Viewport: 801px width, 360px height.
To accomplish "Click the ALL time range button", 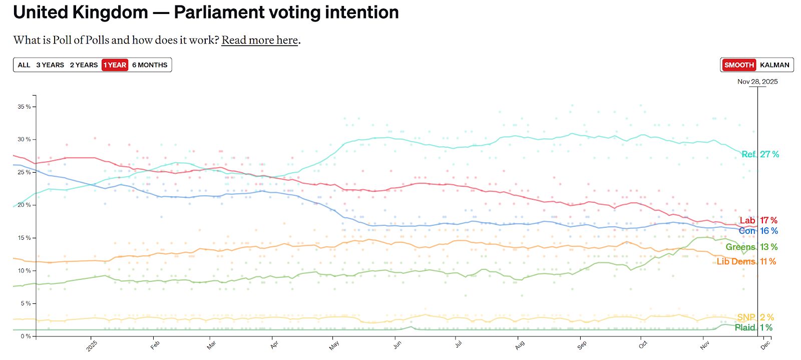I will point(24,65).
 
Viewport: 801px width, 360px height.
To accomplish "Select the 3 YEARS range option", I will point(50,65).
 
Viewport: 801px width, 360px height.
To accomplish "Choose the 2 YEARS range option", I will point(84,65).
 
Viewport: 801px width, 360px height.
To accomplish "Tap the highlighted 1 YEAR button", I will point(115,65).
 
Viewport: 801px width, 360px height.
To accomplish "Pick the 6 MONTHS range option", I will point(150,65).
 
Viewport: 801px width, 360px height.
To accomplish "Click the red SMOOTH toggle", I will point(739,65).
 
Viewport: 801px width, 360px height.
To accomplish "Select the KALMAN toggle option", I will point(774,65).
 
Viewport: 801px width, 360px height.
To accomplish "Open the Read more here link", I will point(260,40).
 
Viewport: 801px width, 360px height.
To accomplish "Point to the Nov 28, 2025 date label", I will point(757,82).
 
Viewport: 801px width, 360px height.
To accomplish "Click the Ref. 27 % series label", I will point(760,154).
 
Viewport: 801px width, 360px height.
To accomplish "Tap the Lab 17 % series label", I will point(758,220).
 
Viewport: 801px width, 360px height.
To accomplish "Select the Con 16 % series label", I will point(758,231).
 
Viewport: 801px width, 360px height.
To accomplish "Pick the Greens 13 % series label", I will point(751,247).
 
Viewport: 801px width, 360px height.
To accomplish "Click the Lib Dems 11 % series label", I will point(746,261).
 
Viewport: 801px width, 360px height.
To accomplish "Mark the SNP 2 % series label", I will point(755,317).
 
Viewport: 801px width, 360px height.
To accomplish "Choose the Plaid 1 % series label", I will point(753,327).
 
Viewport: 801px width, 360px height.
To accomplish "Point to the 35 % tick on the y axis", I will point(24,107).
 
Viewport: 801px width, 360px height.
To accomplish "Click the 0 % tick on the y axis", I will point(26,336).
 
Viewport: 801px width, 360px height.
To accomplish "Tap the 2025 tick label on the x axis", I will point(92,345).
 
